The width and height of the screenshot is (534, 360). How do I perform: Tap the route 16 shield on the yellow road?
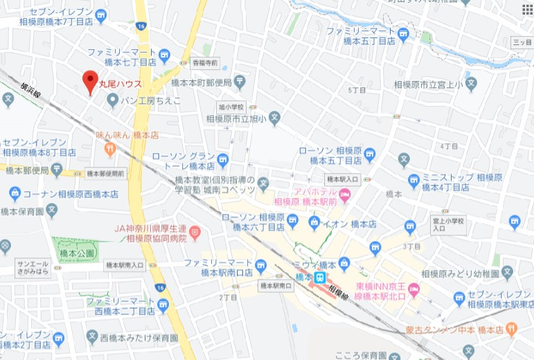pos(141,26)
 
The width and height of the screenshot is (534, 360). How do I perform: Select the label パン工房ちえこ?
pos(150,101)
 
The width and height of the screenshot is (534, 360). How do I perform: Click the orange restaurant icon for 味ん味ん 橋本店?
pos(109,147)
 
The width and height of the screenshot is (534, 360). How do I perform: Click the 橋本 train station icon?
pos(321,278)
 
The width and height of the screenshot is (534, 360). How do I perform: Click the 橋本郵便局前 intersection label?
pos(106,173)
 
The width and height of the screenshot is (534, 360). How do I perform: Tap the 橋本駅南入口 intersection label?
pos(125,265)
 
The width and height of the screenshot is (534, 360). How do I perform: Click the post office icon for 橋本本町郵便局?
pos(240,82)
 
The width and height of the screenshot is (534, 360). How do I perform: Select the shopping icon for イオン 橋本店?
pos(314,222)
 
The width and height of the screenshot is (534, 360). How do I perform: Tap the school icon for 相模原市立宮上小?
pos(472,85)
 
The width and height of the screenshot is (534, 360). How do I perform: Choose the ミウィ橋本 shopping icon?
pos(344,264)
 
